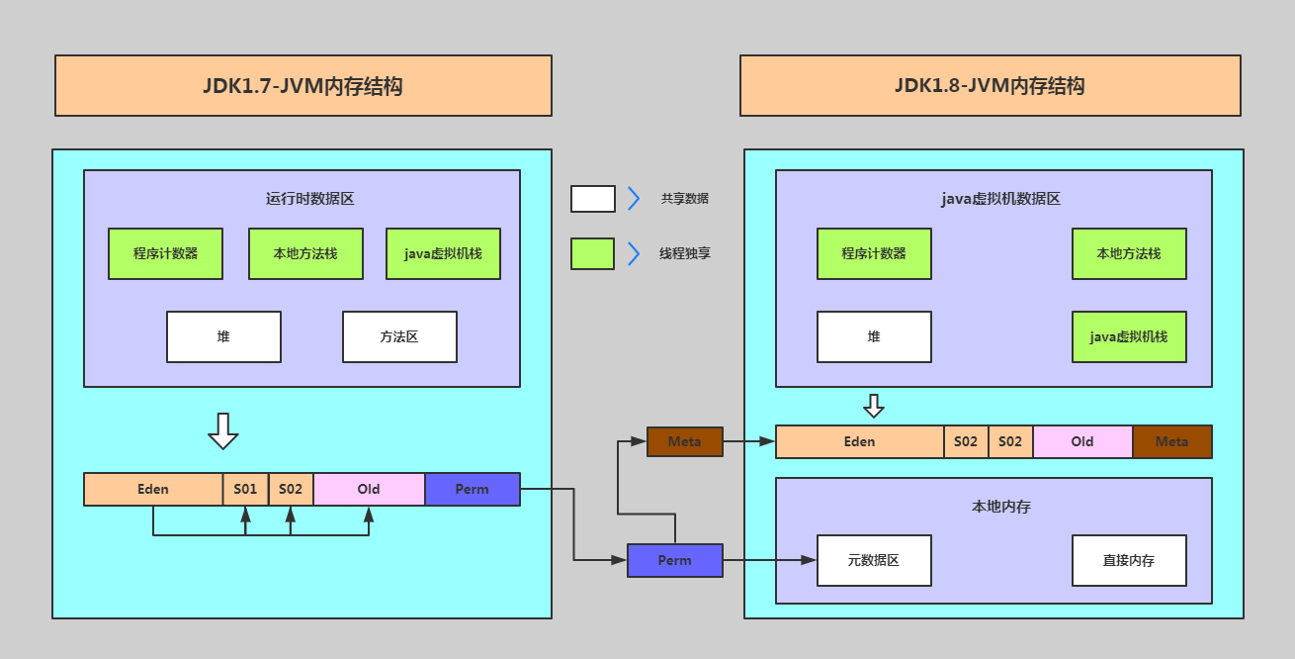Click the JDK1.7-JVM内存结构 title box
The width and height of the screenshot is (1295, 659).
[302, 86]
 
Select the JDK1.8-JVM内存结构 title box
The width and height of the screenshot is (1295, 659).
[990, 86]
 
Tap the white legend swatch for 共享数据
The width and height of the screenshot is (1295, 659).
[592, 199]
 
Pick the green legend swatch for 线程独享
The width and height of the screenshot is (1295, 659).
[592, 254]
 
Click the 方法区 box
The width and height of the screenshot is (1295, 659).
[399, 337]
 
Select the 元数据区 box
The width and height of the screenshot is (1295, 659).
[874, 561]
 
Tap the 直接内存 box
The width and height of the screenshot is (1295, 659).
[1129, 561]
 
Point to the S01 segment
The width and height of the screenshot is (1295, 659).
[245, 490]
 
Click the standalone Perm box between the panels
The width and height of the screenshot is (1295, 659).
[674, 561]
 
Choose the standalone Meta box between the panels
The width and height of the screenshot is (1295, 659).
[684, 442]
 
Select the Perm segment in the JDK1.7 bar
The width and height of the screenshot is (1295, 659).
[472, 490]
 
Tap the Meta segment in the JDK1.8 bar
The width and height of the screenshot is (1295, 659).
[1171, 442]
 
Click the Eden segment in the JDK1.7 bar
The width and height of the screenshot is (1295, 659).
[153, 490]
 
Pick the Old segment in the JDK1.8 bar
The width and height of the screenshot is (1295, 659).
[1082, 442]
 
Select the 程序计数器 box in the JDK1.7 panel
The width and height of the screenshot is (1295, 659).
[165, 254]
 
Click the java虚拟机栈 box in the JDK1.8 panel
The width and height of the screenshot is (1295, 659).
[1129, 337]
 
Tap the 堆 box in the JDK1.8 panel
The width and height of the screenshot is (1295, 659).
[874, 337]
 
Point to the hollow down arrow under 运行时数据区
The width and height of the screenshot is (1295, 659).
[223, 430]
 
